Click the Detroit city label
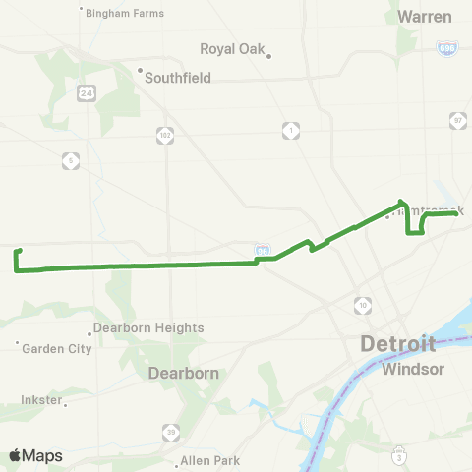[397, 344]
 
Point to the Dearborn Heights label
[148, 327]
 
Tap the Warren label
[426, 16]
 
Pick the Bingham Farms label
[125, 13]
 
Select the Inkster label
[41, 400]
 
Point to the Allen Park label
[210, 460]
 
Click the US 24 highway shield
[87, 91]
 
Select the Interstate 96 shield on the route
[262, 252]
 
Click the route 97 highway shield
[456, 120]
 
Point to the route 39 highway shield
[171, 432]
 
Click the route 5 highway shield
[70, 159]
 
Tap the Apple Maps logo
[36, 455]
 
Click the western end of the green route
[19, 252]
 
